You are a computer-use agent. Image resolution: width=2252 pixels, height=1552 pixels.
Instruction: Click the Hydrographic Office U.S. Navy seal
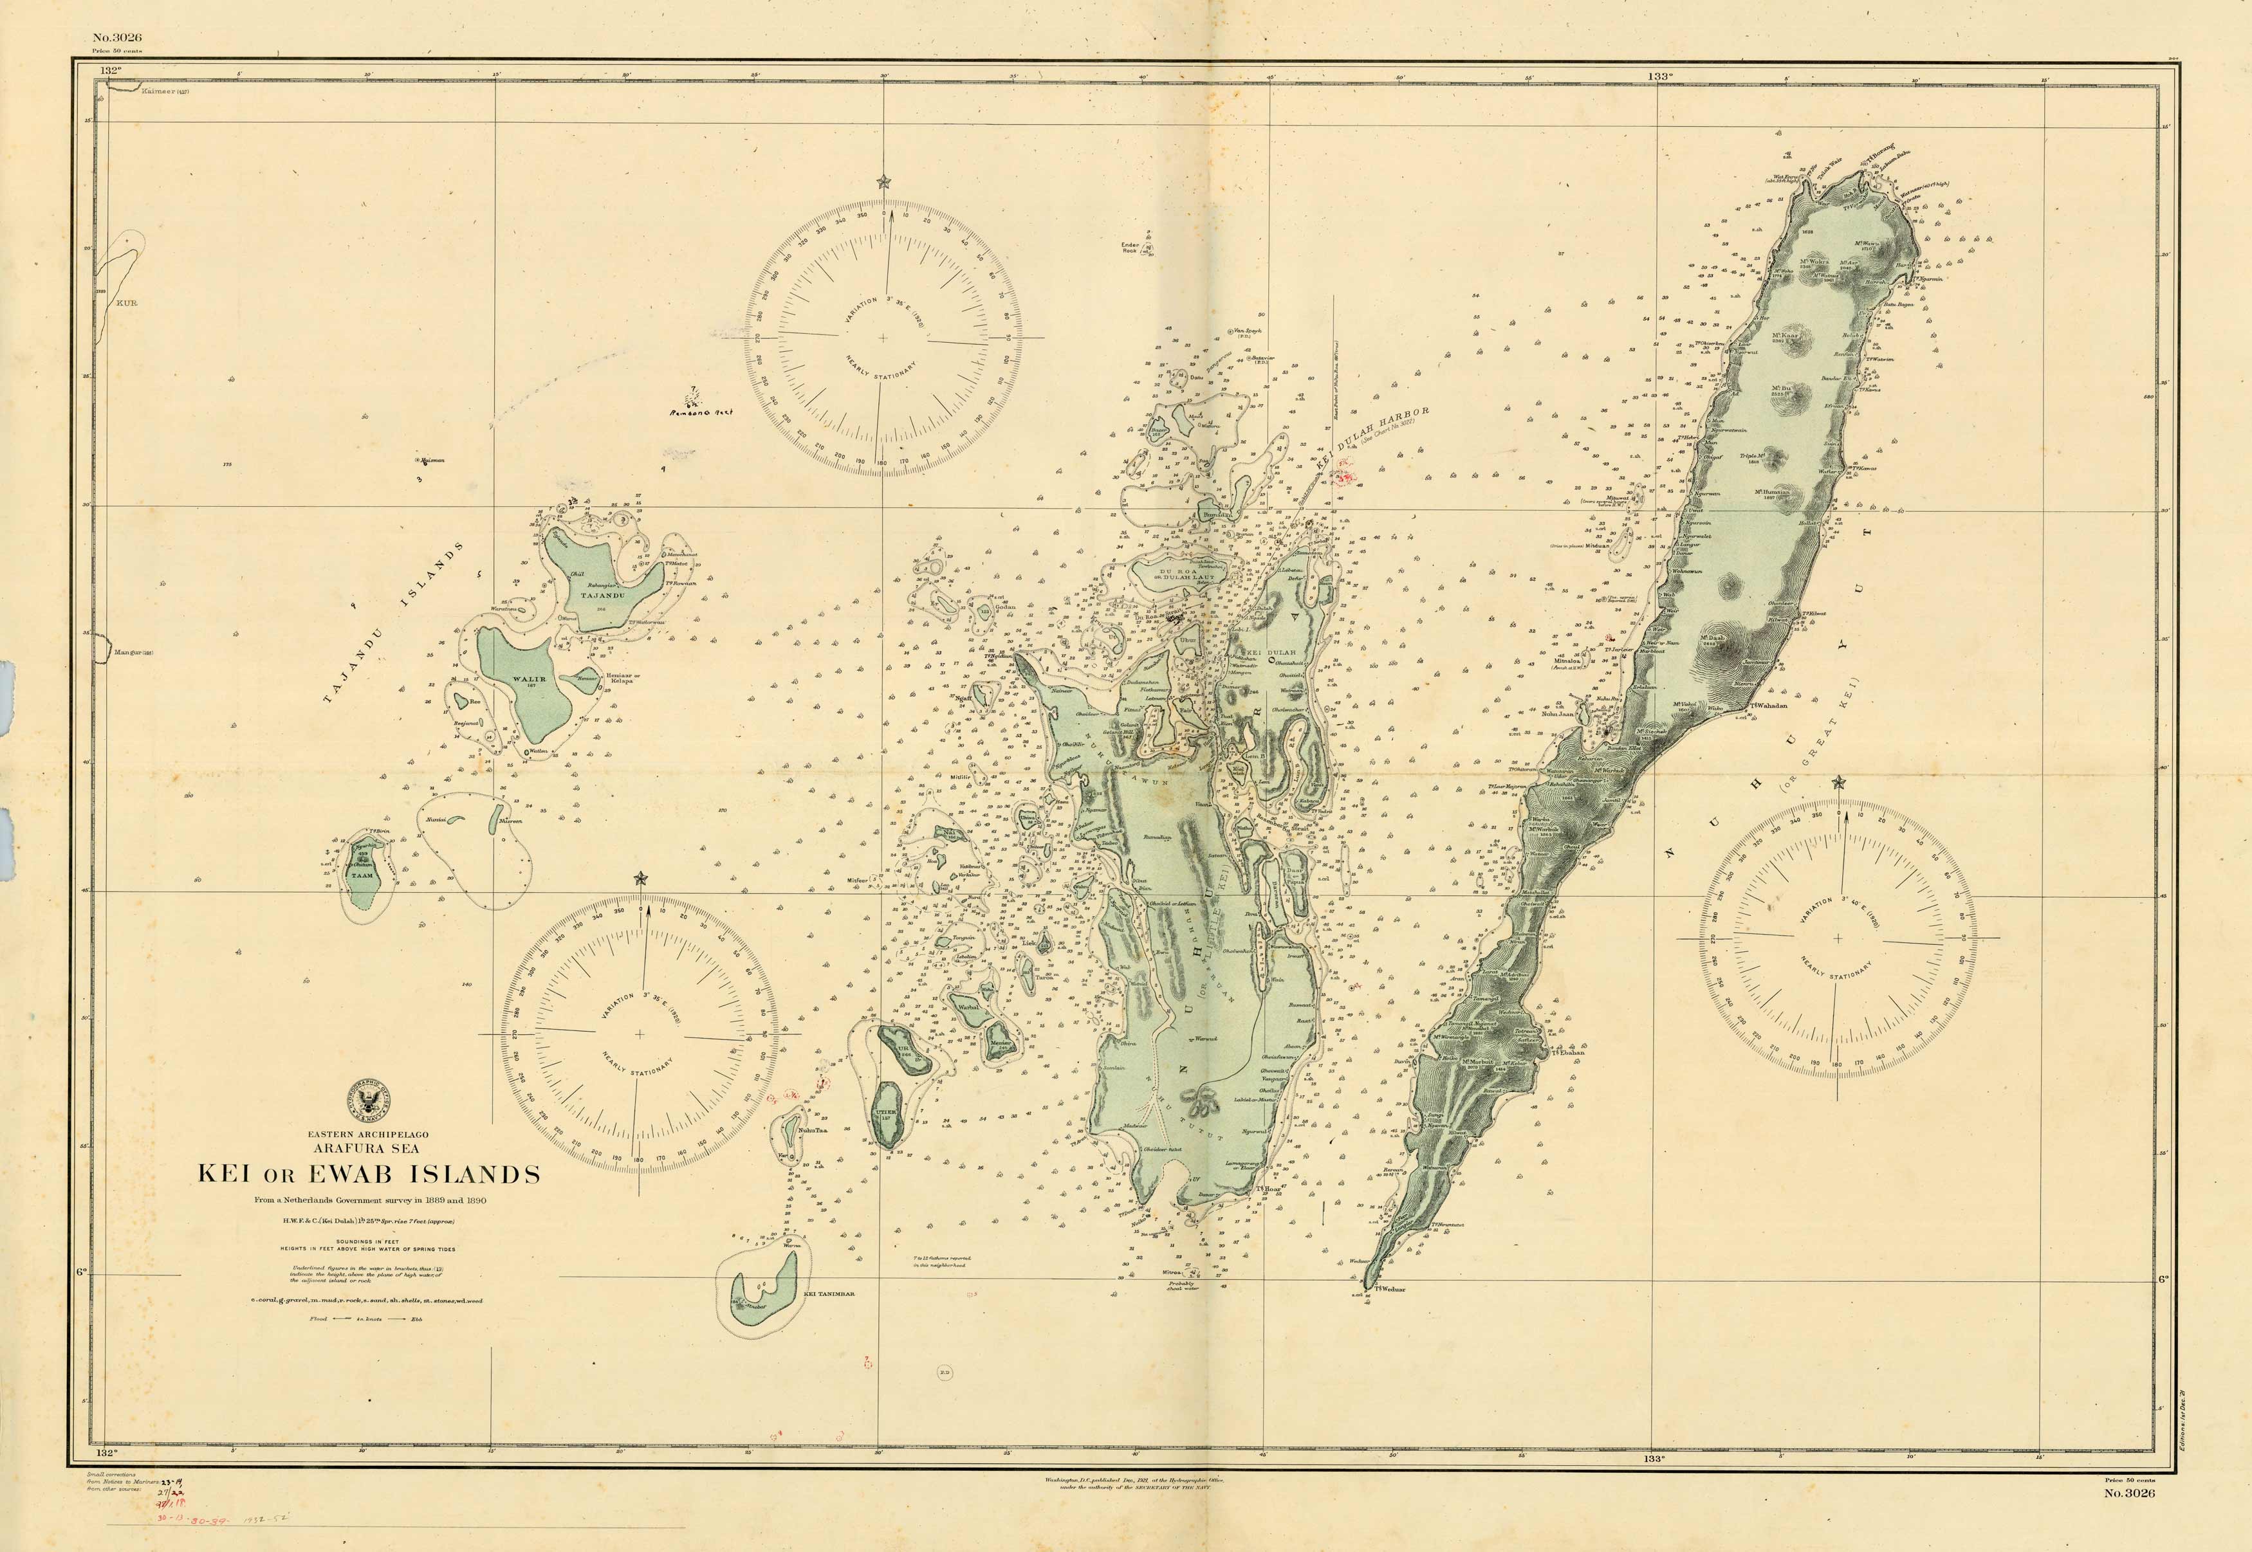369,1100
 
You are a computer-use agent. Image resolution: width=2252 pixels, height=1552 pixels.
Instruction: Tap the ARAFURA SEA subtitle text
369,1149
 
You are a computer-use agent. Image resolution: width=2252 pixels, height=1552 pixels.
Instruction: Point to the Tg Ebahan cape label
1568,1052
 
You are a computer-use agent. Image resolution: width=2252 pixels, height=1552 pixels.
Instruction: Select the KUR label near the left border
127,302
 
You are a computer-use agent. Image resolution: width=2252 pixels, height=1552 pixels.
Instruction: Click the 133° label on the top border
1659,76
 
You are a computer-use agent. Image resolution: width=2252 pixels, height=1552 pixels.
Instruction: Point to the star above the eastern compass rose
1838,782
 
